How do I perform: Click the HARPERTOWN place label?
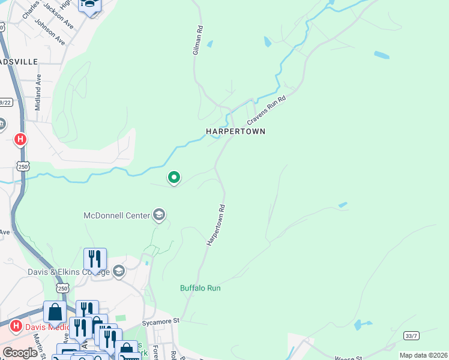coord(235,131)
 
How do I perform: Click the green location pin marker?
coord(174,178)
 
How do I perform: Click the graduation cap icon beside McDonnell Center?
coord(159,215)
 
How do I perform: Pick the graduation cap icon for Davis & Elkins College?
coord(118,272)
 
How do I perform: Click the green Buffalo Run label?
coord(200,288)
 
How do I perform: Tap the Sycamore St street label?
coord(160,322)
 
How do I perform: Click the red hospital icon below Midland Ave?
coord(20,140)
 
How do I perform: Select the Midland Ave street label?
coord(38,92)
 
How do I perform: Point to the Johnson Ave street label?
coord(50,31)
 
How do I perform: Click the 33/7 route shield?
coord(411,335)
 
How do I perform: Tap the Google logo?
coord(20,352)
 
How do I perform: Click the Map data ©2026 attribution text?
coord(423,355)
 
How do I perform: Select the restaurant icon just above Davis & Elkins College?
coord(95,259)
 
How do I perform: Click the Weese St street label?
coord(346,358)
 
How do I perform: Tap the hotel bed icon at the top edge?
coord(90,5)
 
